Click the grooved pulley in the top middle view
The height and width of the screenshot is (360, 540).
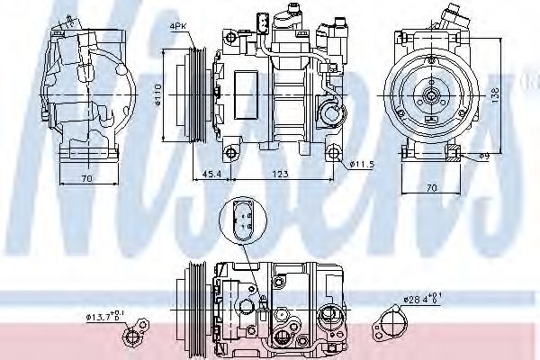click(x=195, y=92)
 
